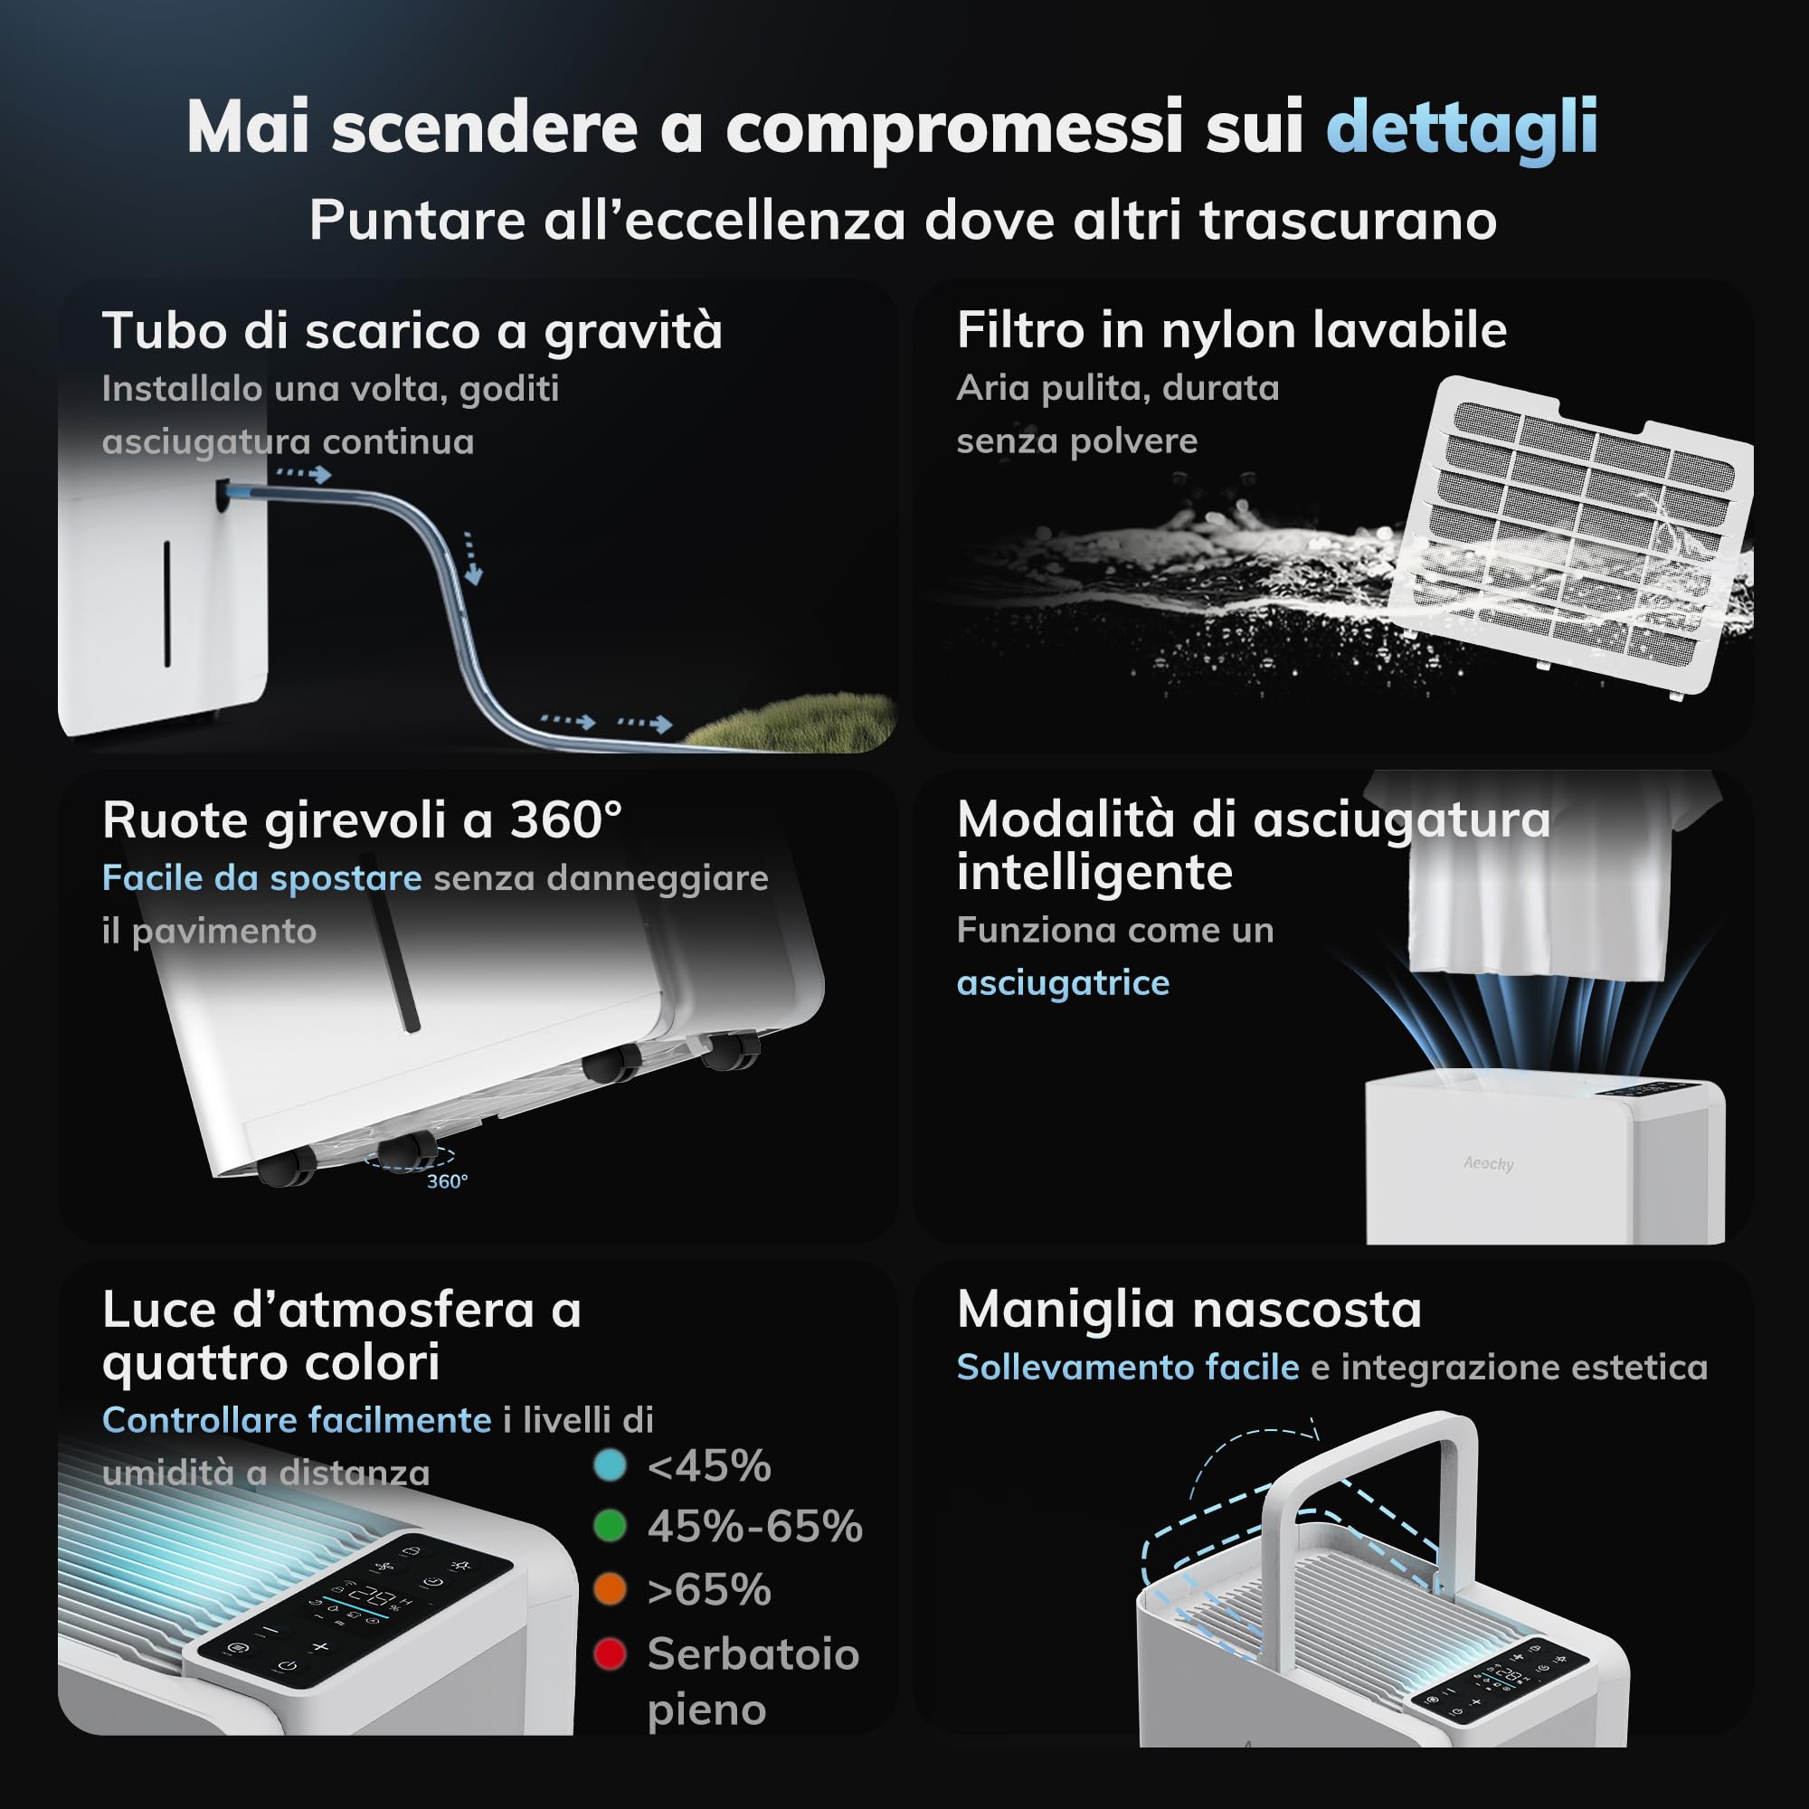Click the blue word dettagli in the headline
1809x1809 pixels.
pos(1462,128)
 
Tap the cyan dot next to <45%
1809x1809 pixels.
pos(610,1465)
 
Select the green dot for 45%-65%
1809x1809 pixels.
pos(610,1526)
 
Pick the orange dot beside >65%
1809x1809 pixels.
pos(610,1589)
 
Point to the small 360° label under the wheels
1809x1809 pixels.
pos(447,1181)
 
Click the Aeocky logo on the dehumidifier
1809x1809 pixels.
pos(1488,1163)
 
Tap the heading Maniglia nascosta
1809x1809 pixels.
pos(1189,1309)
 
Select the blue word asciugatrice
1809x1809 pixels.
pos(1063,982)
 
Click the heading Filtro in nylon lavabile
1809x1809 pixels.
pos(1231,330)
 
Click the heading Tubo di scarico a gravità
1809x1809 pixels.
pos(412,331)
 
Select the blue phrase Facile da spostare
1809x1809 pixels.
pos(261,878)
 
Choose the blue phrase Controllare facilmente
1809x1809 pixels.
pos(296,1420)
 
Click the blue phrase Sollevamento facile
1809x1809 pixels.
pos(1127,1368)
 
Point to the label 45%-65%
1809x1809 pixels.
pos(754,1527)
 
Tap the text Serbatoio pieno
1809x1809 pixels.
pos(753,1681)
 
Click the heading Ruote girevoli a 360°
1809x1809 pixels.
pos(362,820)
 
